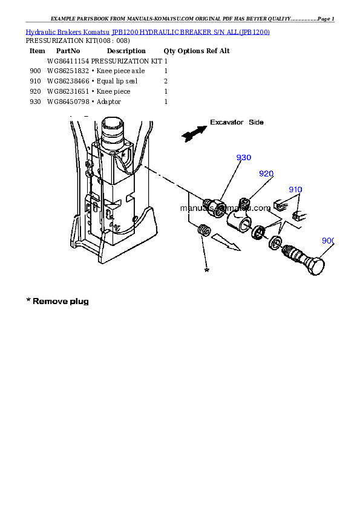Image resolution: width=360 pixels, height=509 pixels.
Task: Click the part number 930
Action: coord(243,158)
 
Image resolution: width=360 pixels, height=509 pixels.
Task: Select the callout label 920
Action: coord(266,173)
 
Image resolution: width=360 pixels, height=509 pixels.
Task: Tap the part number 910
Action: coord(295,189)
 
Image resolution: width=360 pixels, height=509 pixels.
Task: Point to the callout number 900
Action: coord(328,241)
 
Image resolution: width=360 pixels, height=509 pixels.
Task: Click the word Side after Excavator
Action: coord(257,122)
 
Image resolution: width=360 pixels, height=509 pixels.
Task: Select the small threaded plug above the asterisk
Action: coord(203,231)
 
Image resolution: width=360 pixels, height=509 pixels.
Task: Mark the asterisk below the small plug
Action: coord(207,270)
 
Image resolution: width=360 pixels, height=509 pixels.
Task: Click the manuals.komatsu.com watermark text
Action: coord(225,208)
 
